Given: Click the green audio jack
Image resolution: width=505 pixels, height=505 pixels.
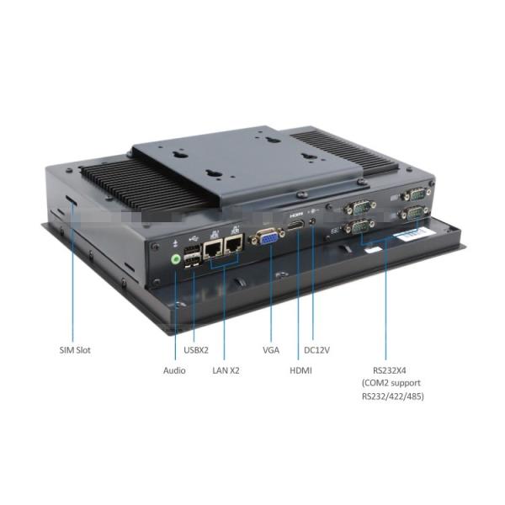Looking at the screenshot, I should pyautogui.click(x=176, y=258).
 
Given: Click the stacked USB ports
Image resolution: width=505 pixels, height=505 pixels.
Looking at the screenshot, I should pyautogui.click(x=193, y=254).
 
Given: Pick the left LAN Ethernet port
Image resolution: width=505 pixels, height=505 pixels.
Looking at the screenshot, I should pyautogui.click(x=213, y=247).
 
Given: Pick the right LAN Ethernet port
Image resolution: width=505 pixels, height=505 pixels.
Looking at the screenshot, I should pyautogui.click(x=232, y=243).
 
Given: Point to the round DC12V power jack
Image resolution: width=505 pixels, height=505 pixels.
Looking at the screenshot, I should pyautogui.click(x=313, y=223).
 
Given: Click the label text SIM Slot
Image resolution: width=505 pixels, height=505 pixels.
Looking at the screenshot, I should pyautogui.click(x=75, y=349).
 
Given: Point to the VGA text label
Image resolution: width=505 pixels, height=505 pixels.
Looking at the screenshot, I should pyautogui.click(x=270, y=349).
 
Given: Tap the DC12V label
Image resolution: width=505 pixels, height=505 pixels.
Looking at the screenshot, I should pyautogui.click(x=316, y=349).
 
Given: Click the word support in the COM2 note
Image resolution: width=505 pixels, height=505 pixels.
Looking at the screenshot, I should pyautogui.click(x=404, y=382).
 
